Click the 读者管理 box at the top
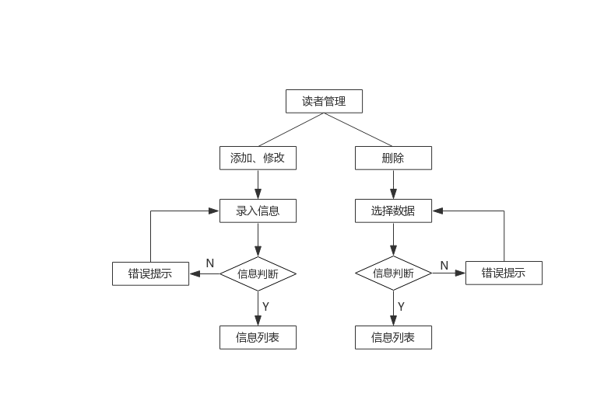point(324,101)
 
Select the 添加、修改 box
point(258,158)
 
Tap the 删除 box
point(393,158)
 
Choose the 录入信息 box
point(258,211)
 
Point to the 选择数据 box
point(393,211)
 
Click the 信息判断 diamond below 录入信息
point(258,273)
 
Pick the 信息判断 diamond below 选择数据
point(393,273)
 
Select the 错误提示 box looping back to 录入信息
point(150,273)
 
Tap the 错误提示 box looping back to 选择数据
point(504,273)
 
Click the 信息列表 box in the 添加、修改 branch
point(258,337)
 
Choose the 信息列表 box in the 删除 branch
point(393,337)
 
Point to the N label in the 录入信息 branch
point(209,263)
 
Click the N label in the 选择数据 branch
point(444,266)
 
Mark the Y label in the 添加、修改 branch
point(265,307)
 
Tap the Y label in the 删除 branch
point(401,307)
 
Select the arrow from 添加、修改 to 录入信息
point(258,184)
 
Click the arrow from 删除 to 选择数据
point(393,184)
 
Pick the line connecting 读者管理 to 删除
point(357,129)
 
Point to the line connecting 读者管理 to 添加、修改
point(291,129)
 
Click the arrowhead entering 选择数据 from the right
point(438,211)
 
